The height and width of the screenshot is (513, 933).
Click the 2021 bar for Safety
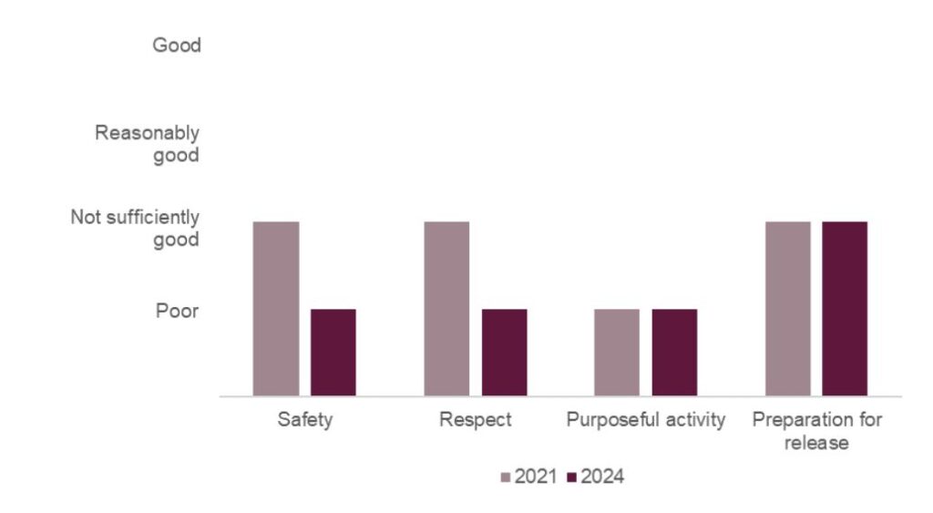coord(276,309)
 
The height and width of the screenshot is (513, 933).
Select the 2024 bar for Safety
coord(333,353)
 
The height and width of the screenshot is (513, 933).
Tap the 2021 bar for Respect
coord(446,309)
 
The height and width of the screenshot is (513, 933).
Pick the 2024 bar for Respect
coord(504,353)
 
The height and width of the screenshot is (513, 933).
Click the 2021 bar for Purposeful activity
coord(617,353)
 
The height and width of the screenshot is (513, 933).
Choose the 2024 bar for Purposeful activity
coord(674,353)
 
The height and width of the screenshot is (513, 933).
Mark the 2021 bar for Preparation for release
coord(787,309)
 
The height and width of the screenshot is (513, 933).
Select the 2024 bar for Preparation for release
coord(845,309)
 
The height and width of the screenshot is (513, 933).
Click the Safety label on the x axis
coord(305,420)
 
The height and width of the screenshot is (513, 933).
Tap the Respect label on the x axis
coord(475,420)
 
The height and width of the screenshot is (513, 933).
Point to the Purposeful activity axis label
coord(646,420)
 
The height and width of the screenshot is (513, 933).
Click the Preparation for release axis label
coord(816,431)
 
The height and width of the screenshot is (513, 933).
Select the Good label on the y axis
coord(176,45)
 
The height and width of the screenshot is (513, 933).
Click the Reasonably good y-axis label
coord(148,144)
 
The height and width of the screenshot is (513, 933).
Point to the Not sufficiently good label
coord(135,228)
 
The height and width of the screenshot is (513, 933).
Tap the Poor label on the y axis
coord(177,311)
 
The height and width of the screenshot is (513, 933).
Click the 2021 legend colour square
coord(507,477)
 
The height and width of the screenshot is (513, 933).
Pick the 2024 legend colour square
coord(572,477)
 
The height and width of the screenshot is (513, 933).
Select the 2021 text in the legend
coord(536,477)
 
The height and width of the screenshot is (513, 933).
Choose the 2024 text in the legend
coord(602,477)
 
